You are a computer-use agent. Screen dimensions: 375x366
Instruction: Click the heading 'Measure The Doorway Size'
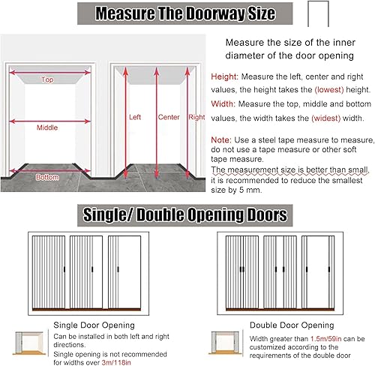point(185,13)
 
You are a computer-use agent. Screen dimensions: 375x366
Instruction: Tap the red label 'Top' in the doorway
point(47,79)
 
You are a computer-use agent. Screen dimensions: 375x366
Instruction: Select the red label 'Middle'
point(47,127)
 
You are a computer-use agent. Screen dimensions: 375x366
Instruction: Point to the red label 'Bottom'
point(47,177)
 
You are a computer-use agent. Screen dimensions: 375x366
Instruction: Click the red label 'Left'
point(135,117)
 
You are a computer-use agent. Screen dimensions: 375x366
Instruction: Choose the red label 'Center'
point(169,117)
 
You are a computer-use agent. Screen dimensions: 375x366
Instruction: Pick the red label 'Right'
point(196,117)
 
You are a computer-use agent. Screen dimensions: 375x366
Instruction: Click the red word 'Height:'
point(225,76)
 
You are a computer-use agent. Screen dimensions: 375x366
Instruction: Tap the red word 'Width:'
point(223,103)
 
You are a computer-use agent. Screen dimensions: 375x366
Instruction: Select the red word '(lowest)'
point(329,89)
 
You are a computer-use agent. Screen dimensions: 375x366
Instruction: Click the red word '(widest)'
point(326,118)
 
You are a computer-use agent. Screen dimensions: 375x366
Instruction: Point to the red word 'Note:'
point(221,139)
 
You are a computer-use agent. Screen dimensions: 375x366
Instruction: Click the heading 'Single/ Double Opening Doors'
point(185,215)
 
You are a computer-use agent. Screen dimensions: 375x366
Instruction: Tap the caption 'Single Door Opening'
point(94,325)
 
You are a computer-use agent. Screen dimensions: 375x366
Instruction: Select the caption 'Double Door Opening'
point(292,325)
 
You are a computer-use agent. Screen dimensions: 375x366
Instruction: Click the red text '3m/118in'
point(116,362)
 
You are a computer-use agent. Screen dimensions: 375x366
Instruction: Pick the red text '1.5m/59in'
point(326,339)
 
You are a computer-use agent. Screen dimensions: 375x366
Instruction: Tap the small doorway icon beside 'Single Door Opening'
point(29,343)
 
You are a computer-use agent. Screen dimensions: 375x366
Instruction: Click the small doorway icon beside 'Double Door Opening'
point(226,343)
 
